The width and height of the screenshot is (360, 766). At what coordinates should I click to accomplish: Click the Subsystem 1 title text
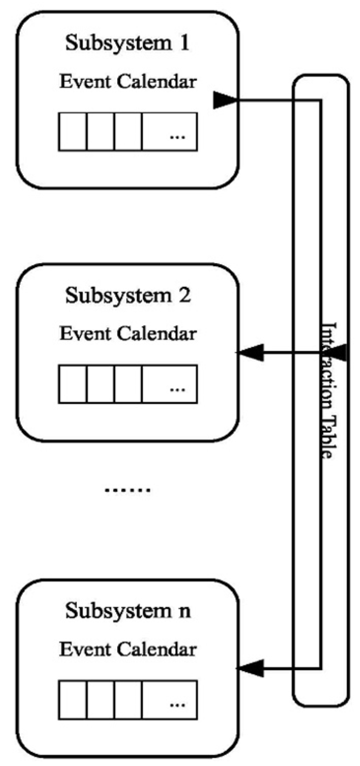128,43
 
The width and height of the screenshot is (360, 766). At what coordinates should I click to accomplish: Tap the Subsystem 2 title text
128,295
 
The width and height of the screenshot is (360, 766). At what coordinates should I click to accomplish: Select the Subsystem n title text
128,611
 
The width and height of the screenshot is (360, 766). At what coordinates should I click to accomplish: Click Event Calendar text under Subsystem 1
128,82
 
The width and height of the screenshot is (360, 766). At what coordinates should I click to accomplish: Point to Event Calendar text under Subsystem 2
128,334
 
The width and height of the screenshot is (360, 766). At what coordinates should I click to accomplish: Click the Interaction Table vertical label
328,390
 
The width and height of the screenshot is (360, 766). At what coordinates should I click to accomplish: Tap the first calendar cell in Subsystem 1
73,132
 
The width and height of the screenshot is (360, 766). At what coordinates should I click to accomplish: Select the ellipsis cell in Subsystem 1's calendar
170,132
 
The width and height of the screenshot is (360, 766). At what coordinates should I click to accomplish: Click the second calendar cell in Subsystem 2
100,384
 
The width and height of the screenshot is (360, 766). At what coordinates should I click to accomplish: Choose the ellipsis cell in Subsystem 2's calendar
170,384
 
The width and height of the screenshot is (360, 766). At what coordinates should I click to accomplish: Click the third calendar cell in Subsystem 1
128,132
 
